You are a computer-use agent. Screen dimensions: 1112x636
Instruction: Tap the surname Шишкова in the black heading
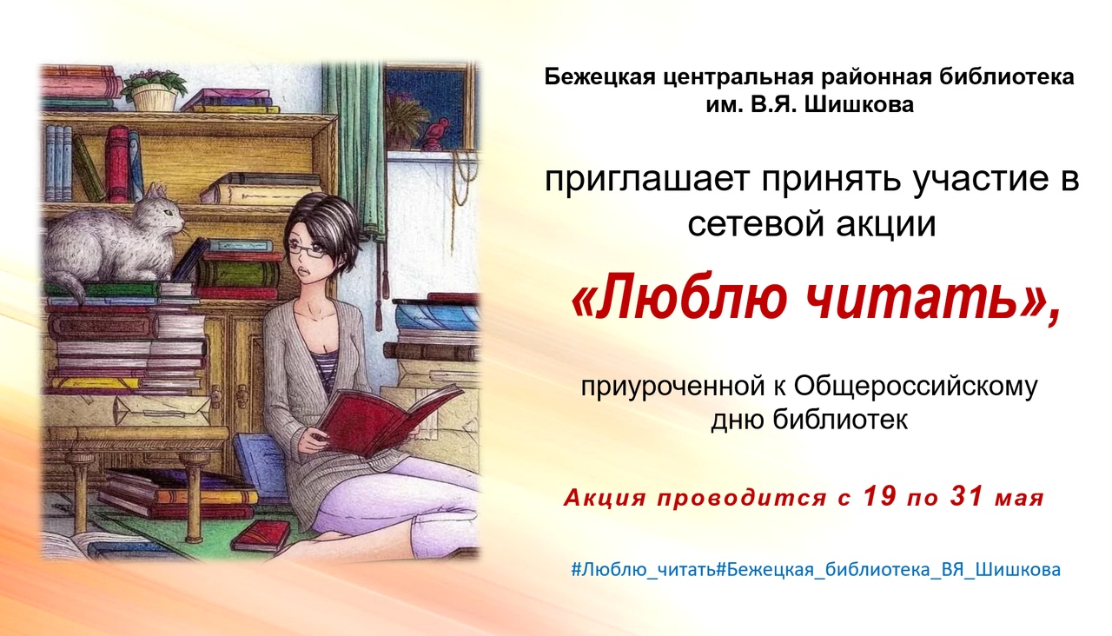pos(858,105)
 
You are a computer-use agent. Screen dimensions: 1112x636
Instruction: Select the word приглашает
pos(646,181)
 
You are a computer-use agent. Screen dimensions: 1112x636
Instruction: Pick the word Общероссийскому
pos(916,388)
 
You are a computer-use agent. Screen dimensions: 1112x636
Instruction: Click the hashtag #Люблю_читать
pos(644,569)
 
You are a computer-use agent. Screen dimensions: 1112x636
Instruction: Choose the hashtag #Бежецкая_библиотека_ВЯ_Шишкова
pos(889,569)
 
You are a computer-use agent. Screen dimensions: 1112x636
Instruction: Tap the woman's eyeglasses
pos(307,249)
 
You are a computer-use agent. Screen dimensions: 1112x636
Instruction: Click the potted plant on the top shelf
pos(154,89)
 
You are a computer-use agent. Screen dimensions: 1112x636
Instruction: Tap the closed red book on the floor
pos(261,535)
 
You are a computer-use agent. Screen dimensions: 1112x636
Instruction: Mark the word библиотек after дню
pos(840,420)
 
